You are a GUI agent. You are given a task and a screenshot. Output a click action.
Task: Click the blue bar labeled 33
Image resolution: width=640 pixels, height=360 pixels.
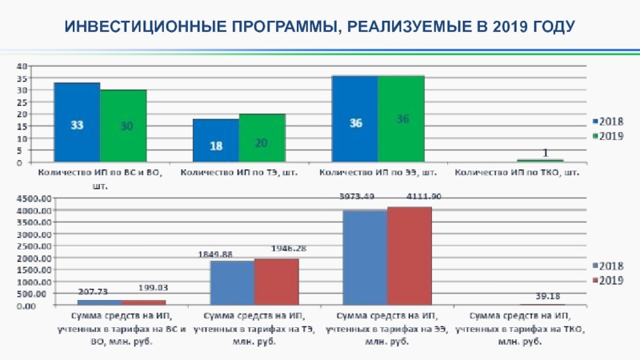pyautogui.click(x=77, y=122)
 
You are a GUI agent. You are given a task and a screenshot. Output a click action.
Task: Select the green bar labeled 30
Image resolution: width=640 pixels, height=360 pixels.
pyautogui.click(x=123, y=126)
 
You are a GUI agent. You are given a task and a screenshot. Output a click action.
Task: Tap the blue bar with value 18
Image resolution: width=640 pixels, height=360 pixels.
pyautogui.click(x=215, y=141)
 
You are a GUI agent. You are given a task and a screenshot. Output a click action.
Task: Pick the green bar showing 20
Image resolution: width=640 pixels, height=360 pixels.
pyautogui.click(x=262, y=138)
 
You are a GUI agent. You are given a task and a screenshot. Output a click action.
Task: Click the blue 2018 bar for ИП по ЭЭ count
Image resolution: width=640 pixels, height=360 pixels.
pyautogui.click(x=355, y=119)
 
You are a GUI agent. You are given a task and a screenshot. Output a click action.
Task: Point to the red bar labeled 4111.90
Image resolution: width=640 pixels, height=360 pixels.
pyautogui.click(x=409, y=256)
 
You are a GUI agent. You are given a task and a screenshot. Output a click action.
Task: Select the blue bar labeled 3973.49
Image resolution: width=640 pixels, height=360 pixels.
pyautogui.click(x=364, y=258)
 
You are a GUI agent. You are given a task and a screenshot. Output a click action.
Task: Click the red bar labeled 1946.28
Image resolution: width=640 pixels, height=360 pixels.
pyautogui.click(x=276, y=282)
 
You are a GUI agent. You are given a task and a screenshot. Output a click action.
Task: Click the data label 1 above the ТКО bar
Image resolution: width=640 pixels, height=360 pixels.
pyautogui.click(x=545, y=152)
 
